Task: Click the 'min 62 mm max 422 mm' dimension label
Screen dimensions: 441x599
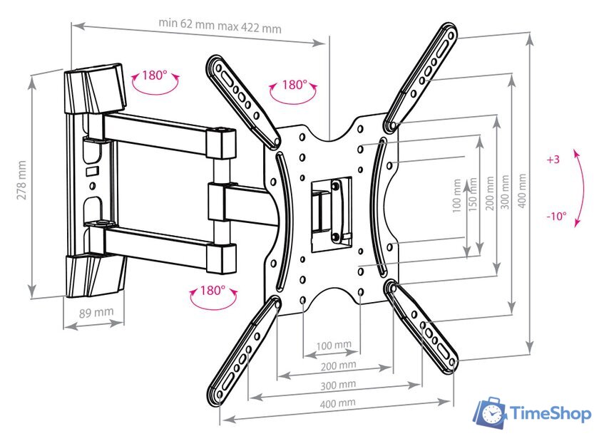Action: (x=220, y=29)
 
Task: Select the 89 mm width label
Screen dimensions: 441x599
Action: (x=96, y=311)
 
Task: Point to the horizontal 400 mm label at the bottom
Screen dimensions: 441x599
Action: (x=337, y=403)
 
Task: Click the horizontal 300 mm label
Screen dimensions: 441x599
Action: (x=337, y=385)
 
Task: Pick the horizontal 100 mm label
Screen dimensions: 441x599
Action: (x=334, y=345)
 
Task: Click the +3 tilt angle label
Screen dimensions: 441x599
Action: (x=553, y=160)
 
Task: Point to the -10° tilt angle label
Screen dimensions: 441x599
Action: (x=556, y=217)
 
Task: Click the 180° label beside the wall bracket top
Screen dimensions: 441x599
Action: (x=154, y=75)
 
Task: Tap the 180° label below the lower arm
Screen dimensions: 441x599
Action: (x=212, y=291)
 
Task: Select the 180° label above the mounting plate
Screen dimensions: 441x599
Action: (x=293, y=85)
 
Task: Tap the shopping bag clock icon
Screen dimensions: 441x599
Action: (x=490, y=414)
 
